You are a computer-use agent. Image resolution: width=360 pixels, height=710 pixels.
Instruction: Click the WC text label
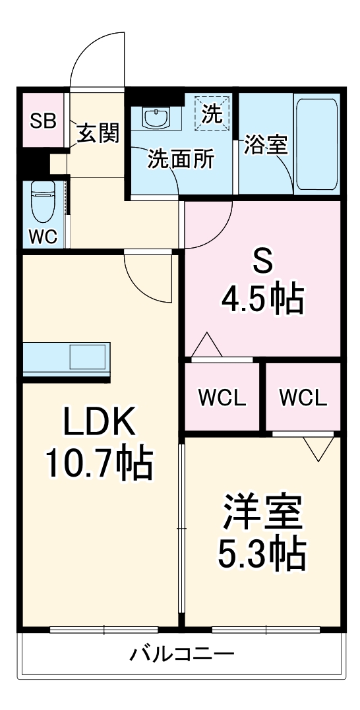pyautogui.click(x=44, y=237)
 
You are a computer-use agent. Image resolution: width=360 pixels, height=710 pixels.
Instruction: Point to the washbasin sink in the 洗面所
pyautogui.click(x=156, y=118)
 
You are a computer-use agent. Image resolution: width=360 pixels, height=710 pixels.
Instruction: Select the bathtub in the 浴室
pyautogui.click(x=316, y=144)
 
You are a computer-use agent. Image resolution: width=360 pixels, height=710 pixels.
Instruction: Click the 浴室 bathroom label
pyautogui.click(x=266, y=144)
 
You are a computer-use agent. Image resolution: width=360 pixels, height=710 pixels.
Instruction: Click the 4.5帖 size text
pyautogui.click(x=262, y=300)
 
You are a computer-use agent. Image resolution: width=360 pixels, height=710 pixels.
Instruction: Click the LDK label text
pyautogui.click(x=100, y=422)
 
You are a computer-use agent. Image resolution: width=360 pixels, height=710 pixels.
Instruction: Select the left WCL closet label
pyautogui.click(x=223, y=398)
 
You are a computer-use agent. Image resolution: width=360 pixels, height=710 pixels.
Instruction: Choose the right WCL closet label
pyautogui.click(x=303, y=398)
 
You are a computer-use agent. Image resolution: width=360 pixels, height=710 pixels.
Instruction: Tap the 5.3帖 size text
pyautogui.click(x=262, y=555)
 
